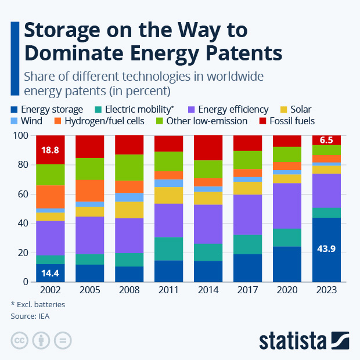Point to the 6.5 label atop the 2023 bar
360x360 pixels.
[x=325, y=140]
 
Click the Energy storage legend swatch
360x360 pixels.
[x=15, y=109]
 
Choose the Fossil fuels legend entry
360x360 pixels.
[x=290, y=121]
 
